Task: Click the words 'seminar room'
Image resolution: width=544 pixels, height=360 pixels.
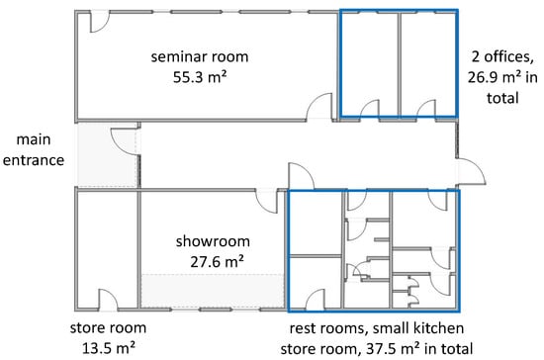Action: (200, 57)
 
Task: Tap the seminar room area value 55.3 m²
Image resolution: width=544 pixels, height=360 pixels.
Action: (200, 77)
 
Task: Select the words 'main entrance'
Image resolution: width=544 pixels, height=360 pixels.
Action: (34, 149)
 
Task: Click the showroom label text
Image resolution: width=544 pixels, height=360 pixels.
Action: (213, 241)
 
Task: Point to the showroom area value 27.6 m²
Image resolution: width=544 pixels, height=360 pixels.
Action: (217, 261)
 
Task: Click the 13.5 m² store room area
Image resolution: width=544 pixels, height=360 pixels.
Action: (108, 348)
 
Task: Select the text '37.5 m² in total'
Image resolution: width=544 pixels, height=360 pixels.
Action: (419, 348)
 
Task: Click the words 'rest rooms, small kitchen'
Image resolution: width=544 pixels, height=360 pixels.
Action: (377, 328)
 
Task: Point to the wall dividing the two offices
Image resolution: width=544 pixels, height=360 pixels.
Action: (400, 64)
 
